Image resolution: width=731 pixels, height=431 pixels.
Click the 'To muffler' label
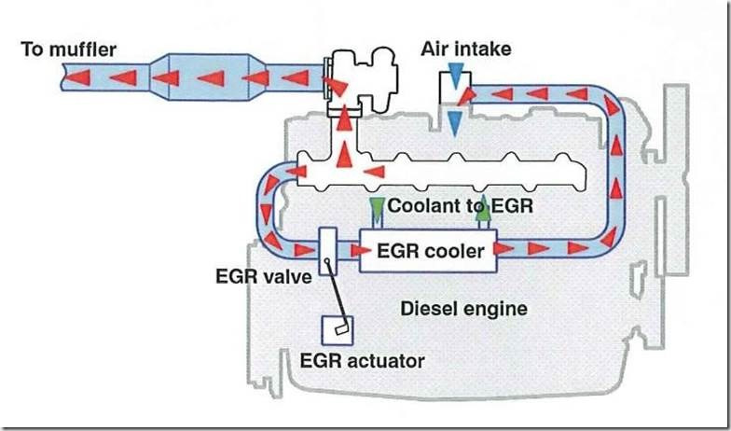69,49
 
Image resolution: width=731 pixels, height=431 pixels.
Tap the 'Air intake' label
466,49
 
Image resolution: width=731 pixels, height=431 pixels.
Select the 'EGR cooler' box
428,250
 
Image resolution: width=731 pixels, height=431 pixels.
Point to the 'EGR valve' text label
263,276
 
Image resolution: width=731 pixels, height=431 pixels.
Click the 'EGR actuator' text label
362,360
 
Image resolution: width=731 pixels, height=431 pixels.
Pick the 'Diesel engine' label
464,308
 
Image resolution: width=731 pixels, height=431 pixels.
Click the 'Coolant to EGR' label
460,205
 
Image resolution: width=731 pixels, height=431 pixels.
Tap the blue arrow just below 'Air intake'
457,76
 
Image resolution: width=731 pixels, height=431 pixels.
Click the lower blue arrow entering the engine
455,123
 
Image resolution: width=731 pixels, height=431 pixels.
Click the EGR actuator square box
338,330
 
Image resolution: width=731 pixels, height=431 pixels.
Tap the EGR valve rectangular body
328,251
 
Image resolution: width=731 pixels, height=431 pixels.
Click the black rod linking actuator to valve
338,293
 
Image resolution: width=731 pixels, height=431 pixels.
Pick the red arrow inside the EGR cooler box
362,250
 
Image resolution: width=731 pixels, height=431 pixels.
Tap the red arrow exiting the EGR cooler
503,248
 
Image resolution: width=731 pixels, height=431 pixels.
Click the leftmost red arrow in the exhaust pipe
78,76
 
